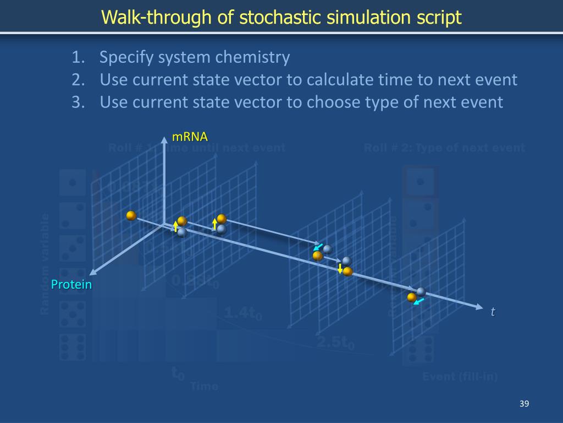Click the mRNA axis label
(190, 137)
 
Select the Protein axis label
(71, 285)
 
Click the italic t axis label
(493, 312)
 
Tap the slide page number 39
(523, 405)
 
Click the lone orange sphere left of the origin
(131, 216)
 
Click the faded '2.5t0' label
(335, 342)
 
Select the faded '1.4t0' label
(242, 313)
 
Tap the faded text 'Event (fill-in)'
(460, 377)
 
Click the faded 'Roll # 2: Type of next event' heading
(444, 148)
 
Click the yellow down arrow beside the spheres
(340, 269)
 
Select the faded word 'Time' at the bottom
(204, 386)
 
